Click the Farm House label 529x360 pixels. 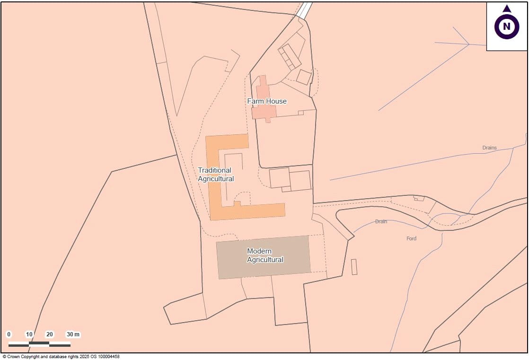point(267,101)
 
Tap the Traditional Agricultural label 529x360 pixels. point(216,175)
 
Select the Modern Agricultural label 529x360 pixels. point(265,255)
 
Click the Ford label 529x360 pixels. point(412,238)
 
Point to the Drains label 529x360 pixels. point(490,148)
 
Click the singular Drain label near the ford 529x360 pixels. point(381,221)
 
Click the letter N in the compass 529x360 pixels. point(507,26)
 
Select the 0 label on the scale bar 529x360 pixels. point(9,334)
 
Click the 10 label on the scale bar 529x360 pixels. point(29,334)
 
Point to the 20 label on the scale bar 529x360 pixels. point(50,334)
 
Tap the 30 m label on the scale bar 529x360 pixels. point(73,334)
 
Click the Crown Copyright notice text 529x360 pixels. point(61,357)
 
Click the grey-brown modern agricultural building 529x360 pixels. point(263,257)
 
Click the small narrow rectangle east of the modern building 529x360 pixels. point(354,267)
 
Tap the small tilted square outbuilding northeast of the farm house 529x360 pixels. point(304,77)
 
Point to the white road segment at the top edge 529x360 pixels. point(305,9)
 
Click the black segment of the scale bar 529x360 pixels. point(39,344)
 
